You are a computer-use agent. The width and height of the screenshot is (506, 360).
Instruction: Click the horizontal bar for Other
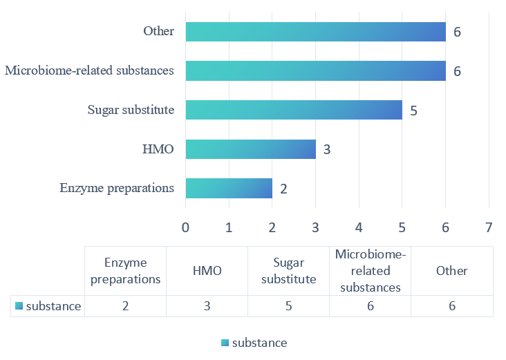315,31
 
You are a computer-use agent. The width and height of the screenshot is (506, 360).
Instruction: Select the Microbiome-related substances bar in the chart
315,70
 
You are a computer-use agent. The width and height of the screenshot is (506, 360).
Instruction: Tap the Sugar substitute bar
294,110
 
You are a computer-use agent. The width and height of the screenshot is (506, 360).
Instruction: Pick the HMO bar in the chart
250,149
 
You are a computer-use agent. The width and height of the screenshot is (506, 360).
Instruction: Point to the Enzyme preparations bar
229,188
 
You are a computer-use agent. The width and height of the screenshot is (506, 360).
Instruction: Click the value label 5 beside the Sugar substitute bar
413,111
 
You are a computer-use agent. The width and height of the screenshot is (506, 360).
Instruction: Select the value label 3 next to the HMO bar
326,149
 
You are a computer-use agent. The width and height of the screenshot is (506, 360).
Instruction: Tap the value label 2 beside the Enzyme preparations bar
283,189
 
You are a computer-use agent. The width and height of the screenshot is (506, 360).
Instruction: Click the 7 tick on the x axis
489,227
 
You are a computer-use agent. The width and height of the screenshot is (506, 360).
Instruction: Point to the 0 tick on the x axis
185,227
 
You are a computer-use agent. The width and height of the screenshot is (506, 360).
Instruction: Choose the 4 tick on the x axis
359,227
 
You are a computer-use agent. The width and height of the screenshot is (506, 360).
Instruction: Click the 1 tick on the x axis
229,227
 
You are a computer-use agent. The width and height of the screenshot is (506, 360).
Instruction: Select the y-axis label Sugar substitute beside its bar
131,110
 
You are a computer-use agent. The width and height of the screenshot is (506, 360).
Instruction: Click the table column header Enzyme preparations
125,271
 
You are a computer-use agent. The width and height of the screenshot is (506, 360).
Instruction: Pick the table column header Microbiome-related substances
371,271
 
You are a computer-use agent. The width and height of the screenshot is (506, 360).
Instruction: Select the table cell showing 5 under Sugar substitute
288,306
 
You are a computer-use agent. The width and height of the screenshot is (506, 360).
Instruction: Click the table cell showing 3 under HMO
207,306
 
